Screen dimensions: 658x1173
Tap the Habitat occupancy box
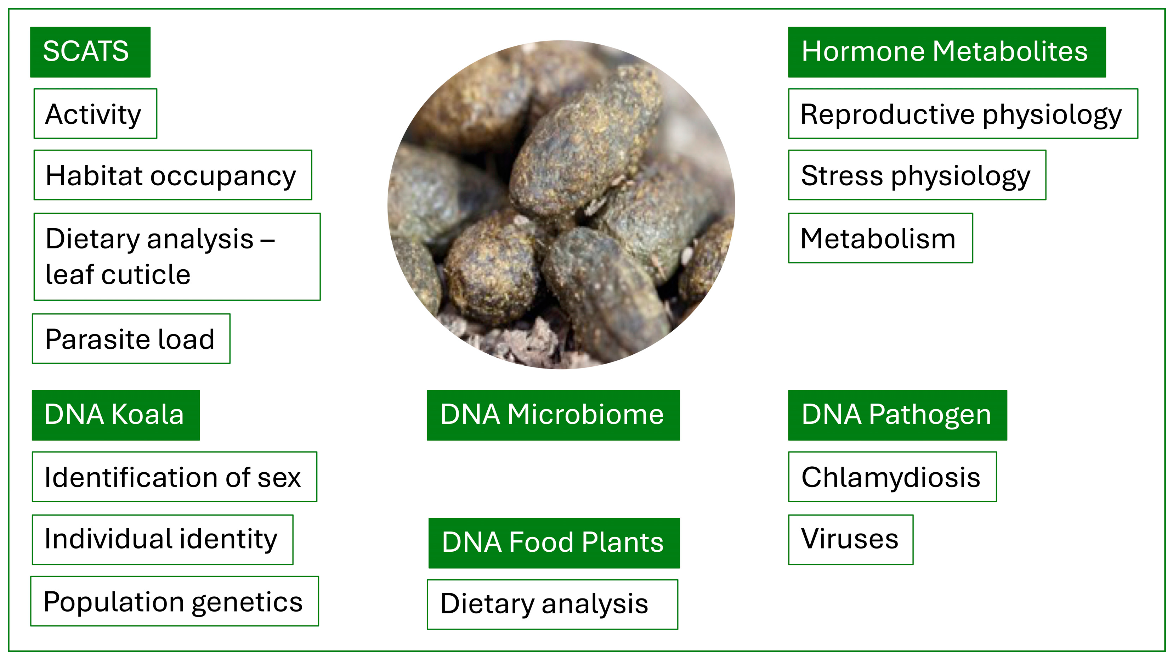(172, 175)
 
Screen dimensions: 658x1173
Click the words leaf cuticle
(118, 275)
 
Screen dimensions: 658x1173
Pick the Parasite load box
(131, 339)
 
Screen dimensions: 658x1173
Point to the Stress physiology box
(917, 175)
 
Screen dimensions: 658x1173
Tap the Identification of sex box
(174, 477)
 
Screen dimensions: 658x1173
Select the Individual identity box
(163, 540)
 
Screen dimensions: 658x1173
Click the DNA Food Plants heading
(554, 543)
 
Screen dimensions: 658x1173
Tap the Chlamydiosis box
(892, 477)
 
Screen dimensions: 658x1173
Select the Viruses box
(850, 540)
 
